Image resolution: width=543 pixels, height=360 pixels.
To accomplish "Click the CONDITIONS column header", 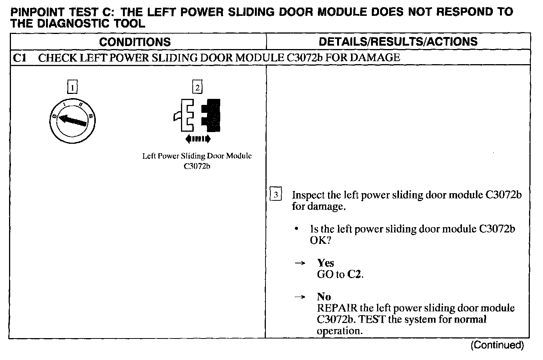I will pyautogui.click(x=135, y=42).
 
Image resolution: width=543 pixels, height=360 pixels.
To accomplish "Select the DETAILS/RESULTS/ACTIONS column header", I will pyautogui.click(x=398, y=42).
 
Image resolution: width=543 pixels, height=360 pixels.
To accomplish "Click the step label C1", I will pyautogui.click(x=19, y=58).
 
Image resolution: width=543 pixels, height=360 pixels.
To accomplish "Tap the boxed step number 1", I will pyautogui.click(x=72, y=88).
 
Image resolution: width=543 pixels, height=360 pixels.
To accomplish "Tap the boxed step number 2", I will pyautogui.click(x=197, y=88).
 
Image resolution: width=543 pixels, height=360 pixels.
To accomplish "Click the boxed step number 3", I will pyautogui.click(x=276, y=195).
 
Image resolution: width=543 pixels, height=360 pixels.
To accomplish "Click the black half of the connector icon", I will pyautogui.click(x=211, y=115).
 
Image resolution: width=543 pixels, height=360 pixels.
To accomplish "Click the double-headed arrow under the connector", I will pyautogui.click(x=198, y=139).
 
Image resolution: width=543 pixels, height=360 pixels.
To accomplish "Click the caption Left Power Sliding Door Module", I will pyautogui.click(x=197, y=156).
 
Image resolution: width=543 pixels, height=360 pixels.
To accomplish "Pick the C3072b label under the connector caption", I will pyautogui.click(x=197, y=166).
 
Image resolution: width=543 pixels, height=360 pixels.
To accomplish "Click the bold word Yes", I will pyautogui.click(x=325, y=263).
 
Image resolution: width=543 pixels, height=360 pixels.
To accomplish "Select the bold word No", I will pyautogui.click(x=324, y=297).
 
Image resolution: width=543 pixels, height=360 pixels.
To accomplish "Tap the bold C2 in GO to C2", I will pyautogui.click(x=354, y=274).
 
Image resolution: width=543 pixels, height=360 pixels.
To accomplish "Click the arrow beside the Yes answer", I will pyautogui.click(x=299, y=263).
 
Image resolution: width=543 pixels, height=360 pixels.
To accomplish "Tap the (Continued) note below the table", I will pyautogui.click(x=497, y=345).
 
